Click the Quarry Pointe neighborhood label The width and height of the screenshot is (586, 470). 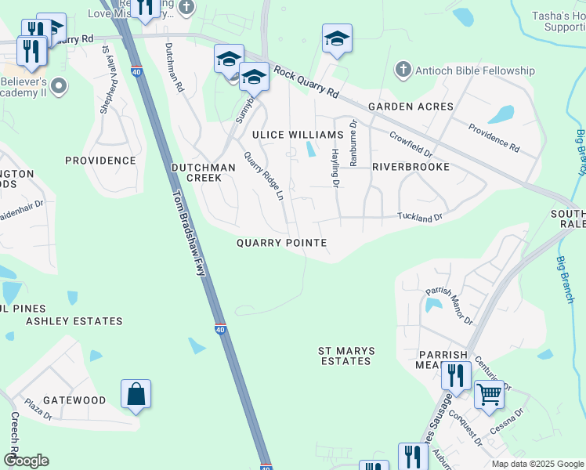point(281,243)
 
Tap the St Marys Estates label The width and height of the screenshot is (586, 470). point(345,356)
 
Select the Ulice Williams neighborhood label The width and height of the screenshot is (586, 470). point(286,136)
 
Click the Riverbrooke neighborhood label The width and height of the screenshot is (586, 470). point(411,167)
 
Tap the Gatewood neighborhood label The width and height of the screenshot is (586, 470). point(74,400)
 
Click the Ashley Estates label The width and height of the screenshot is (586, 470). point(74,321)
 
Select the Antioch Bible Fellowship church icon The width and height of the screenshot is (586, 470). point(403,70)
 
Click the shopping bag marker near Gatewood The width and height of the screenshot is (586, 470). point(136,393)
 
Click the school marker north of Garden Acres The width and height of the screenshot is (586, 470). point(337,38)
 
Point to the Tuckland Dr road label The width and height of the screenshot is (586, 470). point(420,217)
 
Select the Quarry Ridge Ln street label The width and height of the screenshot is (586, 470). point(263,176)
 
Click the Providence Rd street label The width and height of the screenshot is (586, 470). point(494,137)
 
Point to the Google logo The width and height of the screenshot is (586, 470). point(26,461)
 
